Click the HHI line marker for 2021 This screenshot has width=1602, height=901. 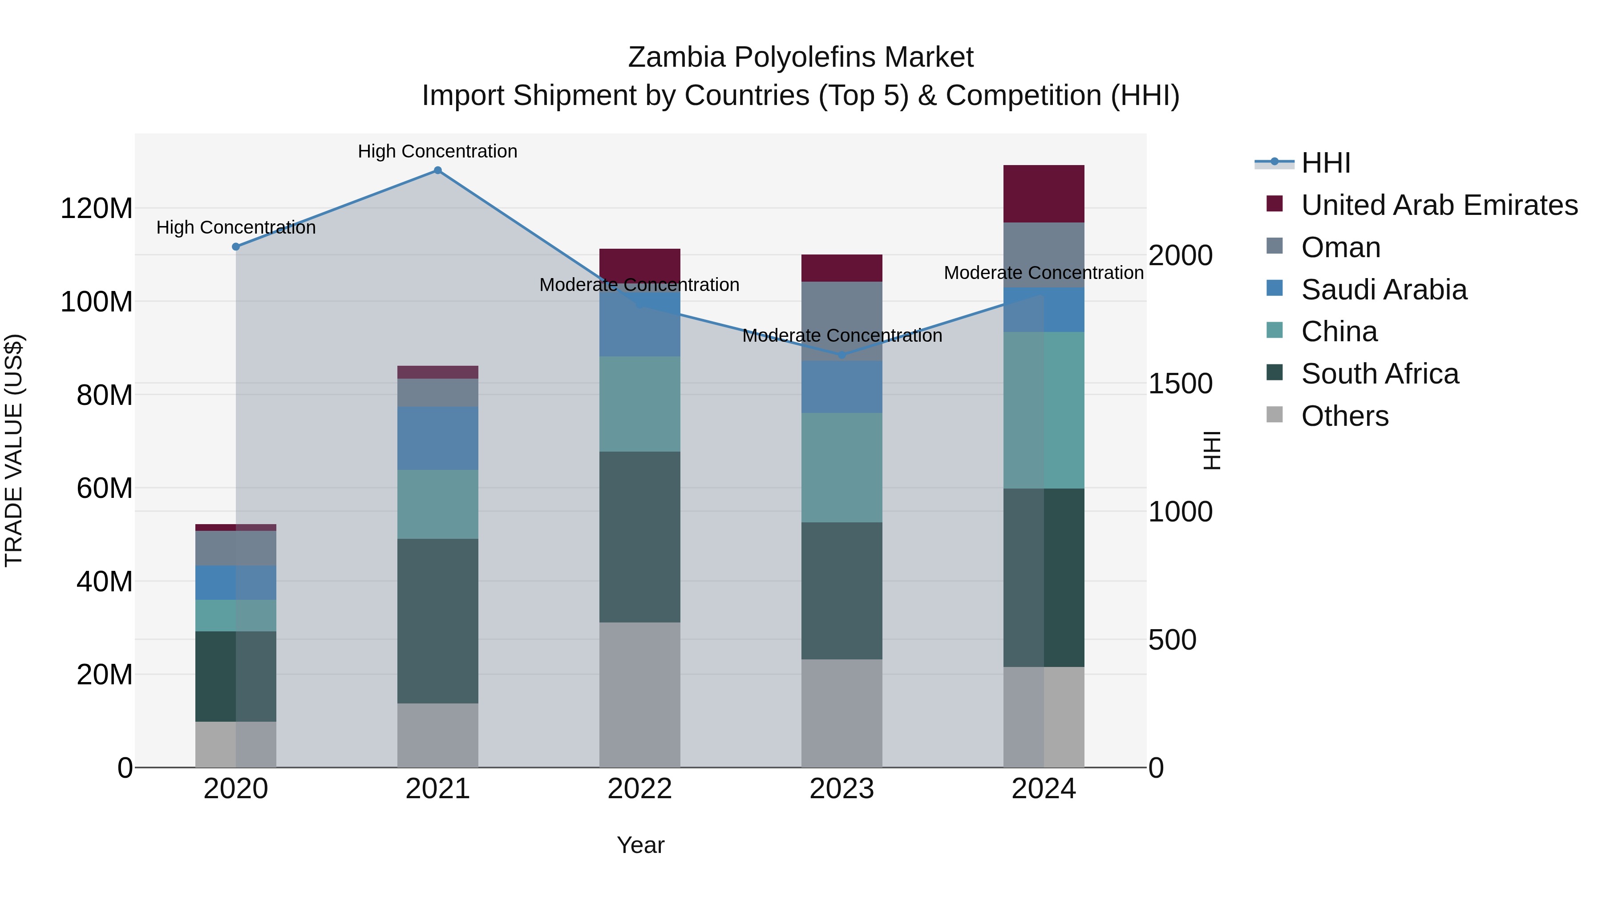(x=438, y=170)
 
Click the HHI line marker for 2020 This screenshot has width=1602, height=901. (x=236, y=247)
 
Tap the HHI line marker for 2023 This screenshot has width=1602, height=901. (x=841, y=355)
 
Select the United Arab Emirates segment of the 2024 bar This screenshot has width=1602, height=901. (x=1044, y=194)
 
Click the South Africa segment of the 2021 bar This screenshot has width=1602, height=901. (x=438, y=621)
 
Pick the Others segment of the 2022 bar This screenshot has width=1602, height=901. (x=639, y=695)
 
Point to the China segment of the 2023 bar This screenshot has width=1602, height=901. (x=841, y=468)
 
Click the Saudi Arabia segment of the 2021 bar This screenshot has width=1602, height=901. (x=438, y=438)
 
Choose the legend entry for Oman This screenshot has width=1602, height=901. (x=1340, y=247)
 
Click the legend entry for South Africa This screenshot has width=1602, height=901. (x=1379, y=374)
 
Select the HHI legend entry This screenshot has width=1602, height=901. (x=1325, y=163)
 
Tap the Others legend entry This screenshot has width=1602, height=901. (x=1344, y=416)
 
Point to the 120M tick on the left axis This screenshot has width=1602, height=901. (x=97, y=208)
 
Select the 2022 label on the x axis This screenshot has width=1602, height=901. (x=639, y=789)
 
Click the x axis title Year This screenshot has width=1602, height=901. (x=640, y=845)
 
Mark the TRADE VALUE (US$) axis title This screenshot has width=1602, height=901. (x=14, y=450)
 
